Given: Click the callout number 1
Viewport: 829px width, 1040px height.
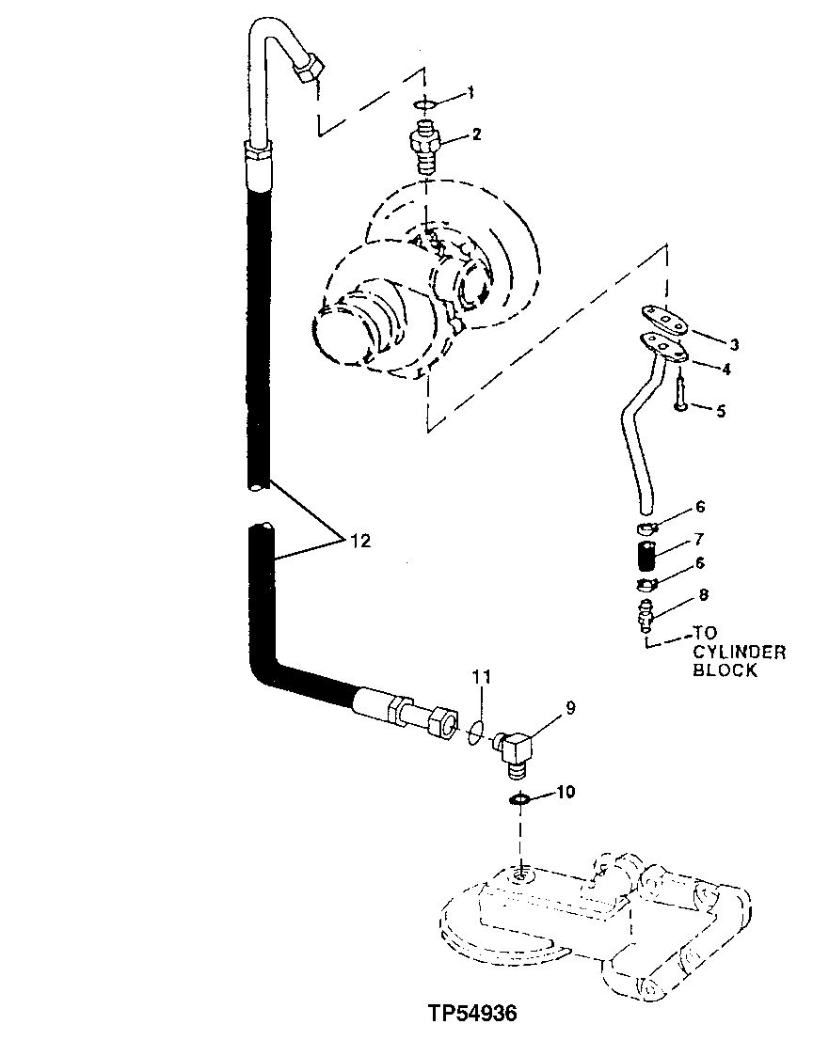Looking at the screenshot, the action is click(471, 93).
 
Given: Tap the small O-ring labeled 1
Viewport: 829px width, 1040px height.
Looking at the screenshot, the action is click(424, 105).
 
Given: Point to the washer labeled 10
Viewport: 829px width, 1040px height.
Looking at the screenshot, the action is click(518, 799).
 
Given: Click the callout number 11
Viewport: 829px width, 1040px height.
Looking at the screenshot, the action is click(482, 677).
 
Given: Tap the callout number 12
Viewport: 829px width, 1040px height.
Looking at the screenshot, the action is click(361, 541).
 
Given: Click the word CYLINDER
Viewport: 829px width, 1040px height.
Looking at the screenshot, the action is click(739, 653).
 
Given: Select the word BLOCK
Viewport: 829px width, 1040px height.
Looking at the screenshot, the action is click(725, 670).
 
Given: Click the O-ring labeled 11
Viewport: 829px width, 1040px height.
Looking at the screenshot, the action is click(475, 731).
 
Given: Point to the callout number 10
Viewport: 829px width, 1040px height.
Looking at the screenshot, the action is click(565, 793).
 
